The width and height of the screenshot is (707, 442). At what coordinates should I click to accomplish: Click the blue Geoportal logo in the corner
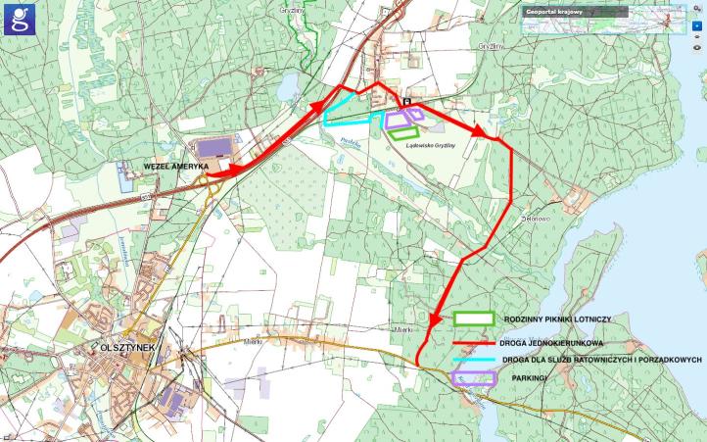(19, 19)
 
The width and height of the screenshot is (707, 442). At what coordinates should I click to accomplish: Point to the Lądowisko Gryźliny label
(428, 146)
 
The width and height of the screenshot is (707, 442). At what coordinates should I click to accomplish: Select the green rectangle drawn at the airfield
(406, 132)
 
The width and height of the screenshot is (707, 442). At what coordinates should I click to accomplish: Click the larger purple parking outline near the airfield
(401, 120)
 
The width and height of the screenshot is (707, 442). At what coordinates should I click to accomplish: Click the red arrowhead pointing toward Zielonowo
(478, 132)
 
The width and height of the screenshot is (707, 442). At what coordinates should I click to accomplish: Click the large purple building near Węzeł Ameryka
(212, 148)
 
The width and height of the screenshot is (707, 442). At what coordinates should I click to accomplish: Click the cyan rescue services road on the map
(343, 124)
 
